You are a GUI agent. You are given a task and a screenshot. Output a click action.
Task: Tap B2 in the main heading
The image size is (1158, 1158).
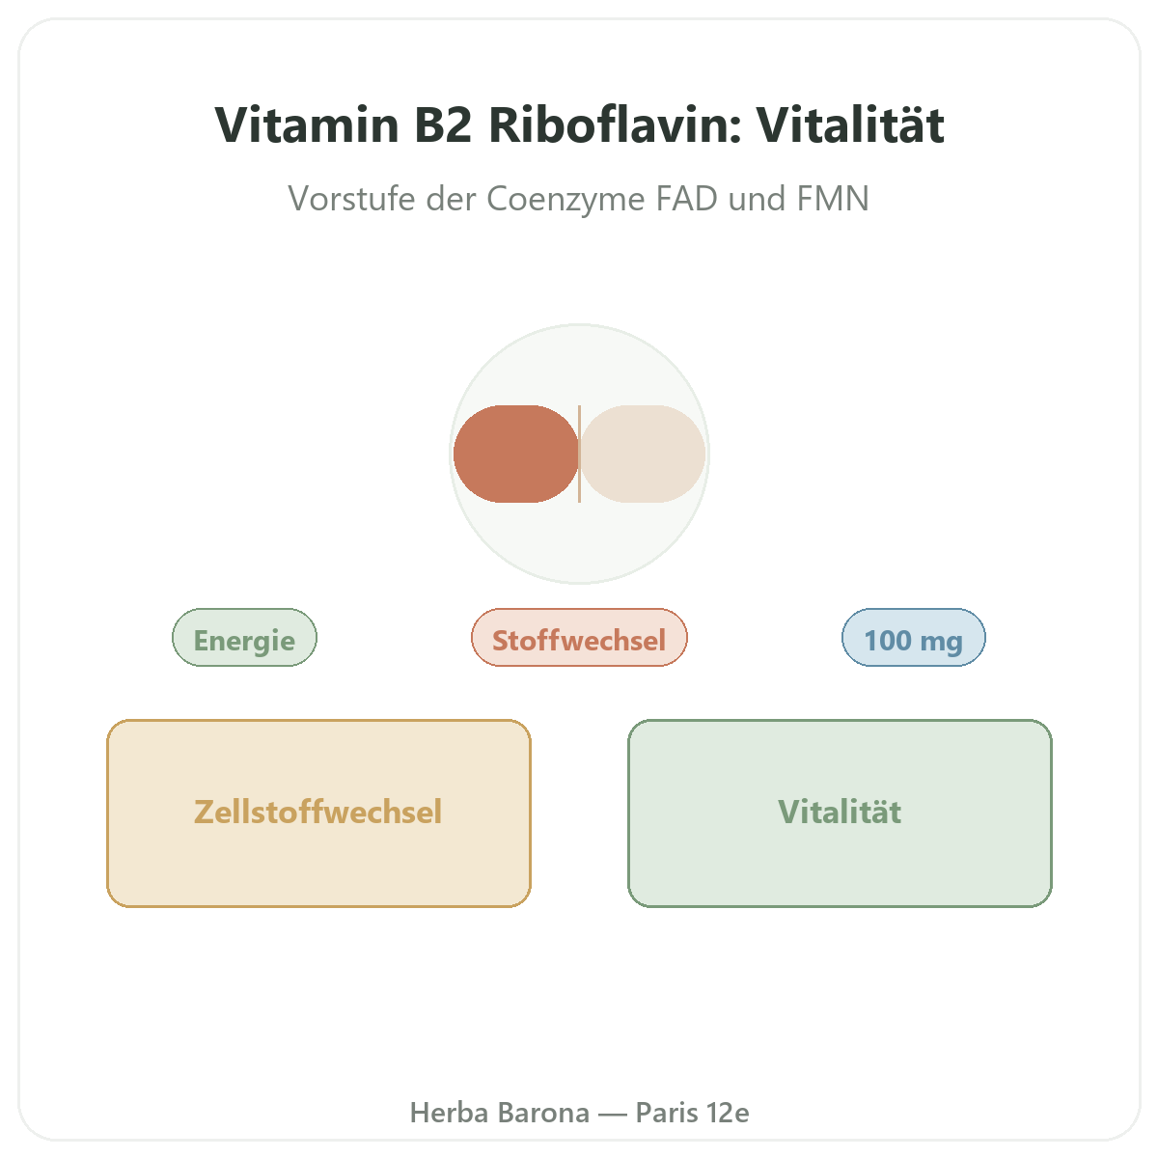tap(443, 125)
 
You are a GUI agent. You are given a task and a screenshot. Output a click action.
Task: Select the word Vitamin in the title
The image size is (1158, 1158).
tap(307, 125)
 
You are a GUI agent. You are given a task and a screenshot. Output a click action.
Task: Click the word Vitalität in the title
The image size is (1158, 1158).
tap(850, 125)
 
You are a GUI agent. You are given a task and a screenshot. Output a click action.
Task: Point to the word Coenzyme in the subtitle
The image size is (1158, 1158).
tap(565, 199)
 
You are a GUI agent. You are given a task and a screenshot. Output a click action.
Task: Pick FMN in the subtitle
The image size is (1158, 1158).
tap(833, 199)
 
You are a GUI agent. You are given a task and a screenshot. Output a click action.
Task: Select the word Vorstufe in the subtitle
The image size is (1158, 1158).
tap(351, 199)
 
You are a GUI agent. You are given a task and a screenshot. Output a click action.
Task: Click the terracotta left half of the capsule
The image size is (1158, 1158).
tap(515, 454)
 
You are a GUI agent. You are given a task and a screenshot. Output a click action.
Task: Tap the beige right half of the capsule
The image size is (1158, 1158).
tap(643, 454)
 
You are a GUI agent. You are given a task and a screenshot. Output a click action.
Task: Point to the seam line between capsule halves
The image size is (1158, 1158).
tap(579, 454)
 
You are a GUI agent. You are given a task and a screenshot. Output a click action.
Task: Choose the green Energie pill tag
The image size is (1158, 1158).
tap(244, 638)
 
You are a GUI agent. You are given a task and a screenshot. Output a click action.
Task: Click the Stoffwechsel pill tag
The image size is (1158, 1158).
tap(579, 638)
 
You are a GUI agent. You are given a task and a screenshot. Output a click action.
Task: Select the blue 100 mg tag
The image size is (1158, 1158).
tap(914, 638)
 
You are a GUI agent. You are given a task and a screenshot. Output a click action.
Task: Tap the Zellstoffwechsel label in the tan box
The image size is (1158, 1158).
tap(317, 812)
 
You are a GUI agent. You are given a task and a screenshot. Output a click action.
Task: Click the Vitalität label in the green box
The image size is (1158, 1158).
tap(840, 812)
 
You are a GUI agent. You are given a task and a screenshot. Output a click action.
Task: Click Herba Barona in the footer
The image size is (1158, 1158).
tap(500, 1113)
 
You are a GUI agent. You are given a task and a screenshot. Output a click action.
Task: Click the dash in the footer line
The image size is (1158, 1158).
tap(613, 1114)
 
